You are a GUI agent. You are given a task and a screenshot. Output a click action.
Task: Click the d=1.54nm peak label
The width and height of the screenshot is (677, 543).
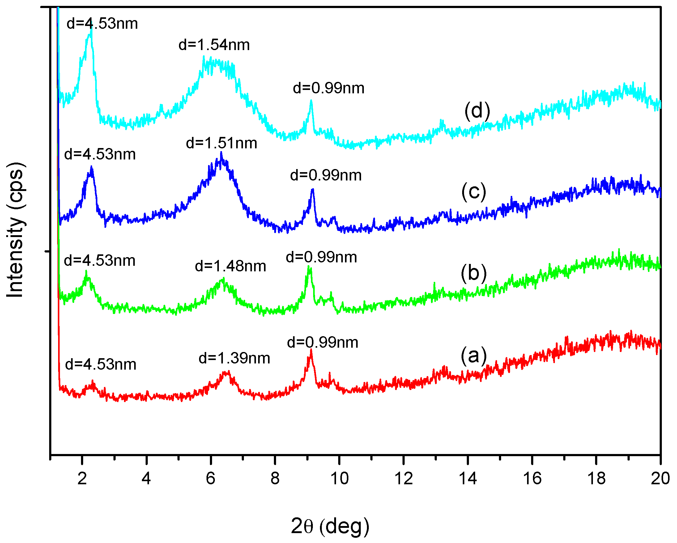[214, 45]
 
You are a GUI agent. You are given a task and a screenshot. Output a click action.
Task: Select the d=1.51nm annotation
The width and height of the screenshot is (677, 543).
[221, 143]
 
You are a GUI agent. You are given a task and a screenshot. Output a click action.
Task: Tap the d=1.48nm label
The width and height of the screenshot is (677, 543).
[230, 266]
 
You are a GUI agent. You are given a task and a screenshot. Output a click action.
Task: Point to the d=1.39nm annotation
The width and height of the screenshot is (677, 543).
[234, 358]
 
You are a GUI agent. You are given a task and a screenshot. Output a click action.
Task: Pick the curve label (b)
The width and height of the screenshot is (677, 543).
[474, 273]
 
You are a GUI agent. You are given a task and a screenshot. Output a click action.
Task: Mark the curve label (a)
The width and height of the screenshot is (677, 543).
[474, 356]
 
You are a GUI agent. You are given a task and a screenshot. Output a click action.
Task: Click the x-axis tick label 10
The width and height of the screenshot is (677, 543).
[339, 479]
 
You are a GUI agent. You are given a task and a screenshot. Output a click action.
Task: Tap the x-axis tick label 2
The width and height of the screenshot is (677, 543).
[82, 479]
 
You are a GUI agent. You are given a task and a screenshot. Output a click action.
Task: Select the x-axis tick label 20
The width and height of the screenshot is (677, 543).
[660, 479]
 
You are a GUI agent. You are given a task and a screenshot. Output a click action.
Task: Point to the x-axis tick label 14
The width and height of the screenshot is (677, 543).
[468, 479]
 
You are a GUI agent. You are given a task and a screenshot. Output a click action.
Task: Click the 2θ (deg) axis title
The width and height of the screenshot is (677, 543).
[330, 526]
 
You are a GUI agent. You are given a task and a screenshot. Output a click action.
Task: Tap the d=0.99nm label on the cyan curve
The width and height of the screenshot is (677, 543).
[328, 88]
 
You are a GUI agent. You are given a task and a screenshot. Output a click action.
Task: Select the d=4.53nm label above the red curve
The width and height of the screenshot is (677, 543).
[100, 364]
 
